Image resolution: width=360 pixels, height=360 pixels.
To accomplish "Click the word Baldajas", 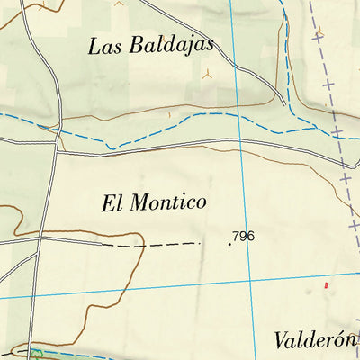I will click(166, 45).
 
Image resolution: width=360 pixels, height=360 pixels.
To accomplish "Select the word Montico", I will click(167, 202).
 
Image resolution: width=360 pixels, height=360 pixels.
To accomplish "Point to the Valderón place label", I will click(316, 341).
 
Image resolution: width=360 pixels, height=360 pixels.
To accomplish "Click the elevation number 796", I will click(244, 237).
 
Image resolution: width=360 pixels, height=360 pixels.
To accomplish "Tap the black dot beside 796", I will click(229, 241).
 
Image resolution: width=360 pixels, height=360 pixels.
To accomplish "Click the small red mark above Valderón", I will click(327, 284).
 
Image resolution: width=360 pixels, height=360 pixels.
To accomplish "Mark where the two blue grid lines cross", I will click(247, 278).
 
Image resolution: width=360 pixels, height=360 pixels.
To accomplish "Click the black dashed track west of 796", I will click(153, 244).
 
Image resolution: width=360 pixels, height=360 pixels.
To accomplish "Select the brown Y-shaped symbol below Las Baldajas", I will click(207, 75).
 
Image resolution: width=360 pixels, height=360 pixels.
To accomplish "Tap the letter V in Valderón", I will click(279, 341).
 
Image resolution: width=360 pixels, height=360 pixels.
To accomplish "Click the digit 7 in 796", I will click(236, 237).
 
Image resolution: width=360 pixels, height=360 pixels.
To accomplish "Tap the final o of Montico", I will click(202, 204).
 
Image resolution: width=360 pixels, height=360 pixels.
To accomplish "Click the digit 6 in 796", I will click(251, 237).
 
